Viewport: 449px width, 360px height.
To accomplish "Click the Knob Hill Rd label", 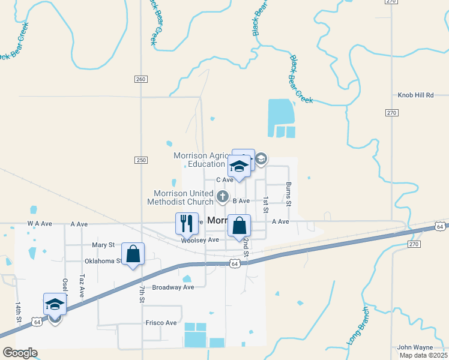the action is (415, 95).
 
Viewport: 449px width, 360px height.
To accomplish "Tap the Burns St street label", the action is (289, 193).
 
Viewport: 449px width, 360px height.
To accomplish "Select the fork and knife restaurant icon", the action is (186, 223).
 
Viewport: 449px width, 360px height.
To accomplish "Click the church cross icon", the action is (222, 196).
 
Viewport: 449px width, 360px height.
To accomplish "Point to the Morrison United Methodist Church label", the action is (183, 197).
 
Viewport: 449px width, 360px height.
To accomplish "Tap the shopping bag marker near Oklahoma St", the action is (133, 253).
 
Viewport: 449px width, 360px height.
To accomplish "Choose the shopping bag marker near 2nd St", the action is (239, 226).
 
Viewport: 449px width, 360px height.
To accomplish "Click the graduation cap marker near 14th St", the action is (55, 304).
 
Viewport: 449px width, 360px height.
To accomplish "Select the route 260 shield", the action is (141, 79).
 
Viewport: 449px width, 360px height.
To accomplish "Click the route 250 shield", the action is (141, 160).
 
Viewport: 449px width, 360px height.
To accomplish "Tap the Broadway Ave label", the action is (173, 287).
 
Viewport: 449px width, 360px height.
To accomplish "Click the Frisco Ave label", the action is (161, 323).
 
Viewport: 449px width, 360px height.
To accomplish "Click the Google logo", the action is (20, 352).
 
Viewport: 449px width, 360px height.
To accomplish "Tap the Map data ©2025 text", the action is (424, 355).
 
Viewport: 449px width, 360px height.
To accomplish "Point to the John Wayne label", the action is (415, 347).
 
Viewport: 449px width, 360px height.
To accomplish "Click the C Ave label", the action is (224, 180).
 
